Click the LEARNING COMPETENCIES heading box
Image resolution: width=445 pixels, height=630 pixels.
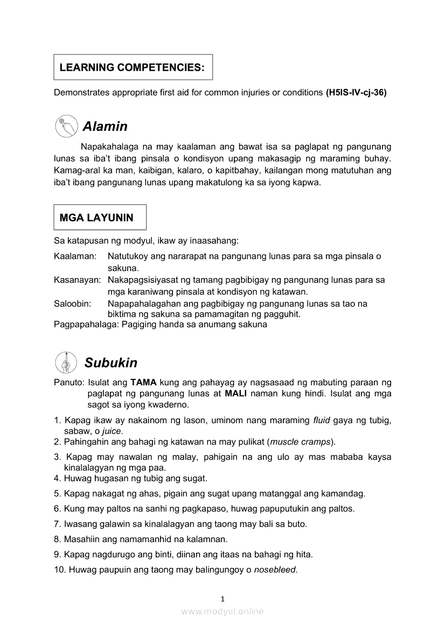coord(133,67)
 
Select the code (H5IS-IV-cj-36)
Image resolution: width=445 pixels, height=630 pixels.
coord(356,93)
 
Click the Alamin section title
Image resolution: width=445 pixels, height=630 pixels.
coord(105,126)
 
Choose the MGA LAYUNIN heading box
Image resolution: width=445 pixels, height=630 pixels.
coord(100,217)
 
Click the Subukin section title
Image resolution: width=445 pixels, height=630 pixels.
coord(110,363)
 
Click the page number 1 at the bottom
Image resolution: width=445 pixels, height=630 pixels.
coord(222,599)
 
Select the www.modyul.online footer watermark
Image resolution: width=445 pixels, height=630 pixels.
coord(222,611)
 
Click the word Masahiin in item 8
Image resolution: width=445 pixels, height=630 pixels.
coord(81,538)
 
